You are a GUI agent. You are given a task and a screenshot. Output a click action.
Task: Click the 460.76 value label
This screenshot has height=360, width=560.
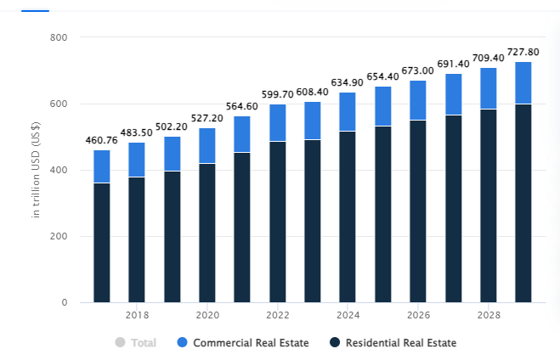(102, 140)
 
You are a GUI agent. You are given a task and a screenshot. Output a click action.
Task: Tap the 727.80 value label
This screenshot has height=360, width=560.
(523, 52)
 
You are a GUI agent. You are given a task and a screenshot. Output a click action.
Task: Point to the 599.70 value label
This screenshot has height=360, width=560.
(277, 94)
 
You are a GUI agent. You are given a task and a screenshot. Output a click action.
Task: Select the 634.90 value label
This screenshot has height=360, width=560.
(348, 82)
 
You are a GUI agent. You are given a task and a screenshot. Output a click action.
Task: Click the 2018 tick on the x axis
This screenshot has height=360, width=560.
(137, 316)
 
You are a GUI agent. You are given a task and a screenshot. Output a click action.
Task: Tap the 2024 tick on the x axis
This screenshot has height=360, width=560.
(348, 316)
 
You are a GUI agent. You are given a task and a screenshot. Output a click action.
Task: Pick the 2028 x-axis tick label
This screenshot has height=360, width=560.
(489, 316)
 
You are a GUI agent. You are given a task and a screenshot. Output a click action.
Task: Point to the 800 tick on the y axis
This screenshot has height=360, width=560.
(59, 37)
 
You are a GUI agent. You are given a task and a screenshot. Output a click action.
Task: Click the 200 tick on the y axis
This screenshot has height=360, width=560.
(59, 236)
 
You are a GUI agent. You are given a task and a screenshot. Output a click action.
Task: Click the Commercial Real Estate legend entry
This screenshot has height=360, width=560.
(242, 343)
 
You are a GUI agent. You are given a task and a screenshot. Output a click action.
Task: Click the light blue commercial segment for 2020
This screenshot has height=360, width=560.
(207, 145)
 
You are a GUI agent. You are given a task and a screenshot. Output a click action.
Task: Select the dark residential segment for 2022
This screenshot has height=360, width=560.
(278, 221)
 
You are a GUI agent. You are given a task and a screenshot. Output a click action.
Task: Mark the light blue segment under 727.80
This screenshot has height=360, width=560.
(523, 82)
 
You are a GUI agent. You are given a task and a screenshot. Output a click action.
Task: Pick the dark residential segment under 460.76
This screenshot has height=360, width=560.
(102, 242)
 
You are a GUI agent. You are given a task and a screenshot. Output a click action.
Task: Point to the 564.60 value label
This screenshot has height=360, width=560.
(242, 106)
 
